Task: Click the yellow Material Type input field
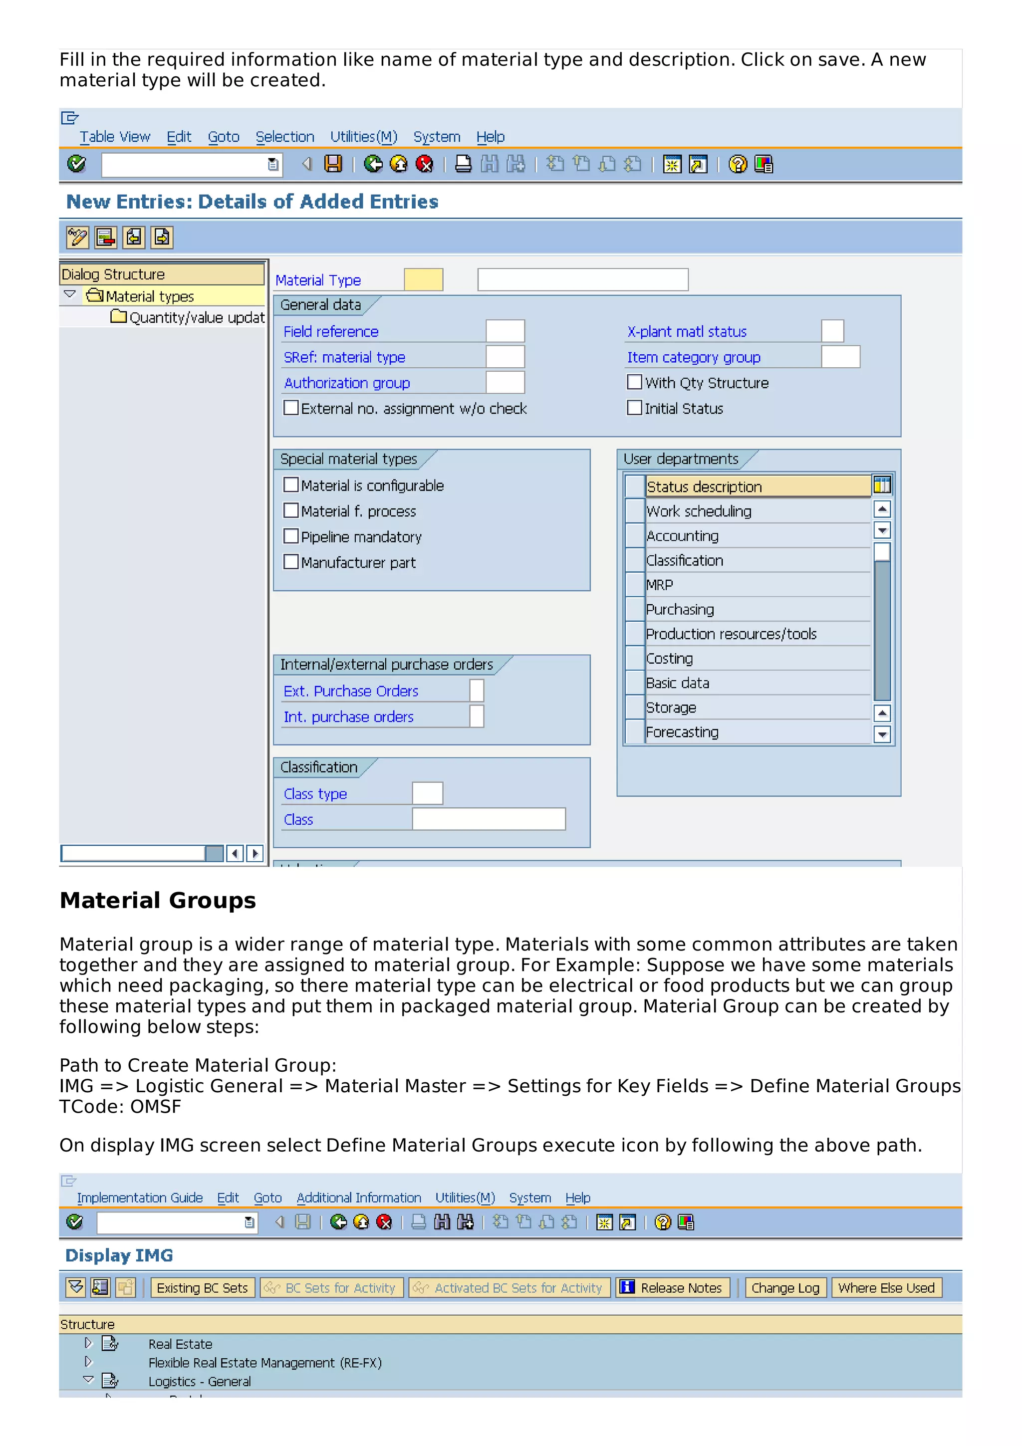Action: coord(423,279)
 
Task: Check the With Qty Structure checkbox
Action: coord(634,382)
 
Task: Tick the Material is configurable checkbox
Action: coord(291,485)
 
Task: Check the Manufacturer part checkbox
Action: coord(291,562)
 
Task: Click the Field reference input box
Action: coord(505,331)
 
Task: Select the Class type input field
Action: coord(427,793)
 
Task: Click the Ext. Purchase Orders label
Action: coord(351,691)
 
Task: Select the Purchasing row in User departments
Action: coord(680,610)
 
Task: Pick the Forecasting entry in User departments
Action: coord(682,732)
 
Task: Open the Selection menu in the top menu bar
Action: coord(284,137)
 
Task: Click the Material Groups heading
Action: coord(157,900)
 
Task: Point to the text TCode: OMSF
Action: coord(120,1107)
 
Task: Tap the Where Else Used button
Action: coord(885,1288)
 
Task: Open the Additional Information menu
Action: coord(358,1198)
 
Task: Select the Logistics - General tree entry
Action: coord(200,1381)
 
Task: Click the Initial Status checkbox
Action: coord(634,408)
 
